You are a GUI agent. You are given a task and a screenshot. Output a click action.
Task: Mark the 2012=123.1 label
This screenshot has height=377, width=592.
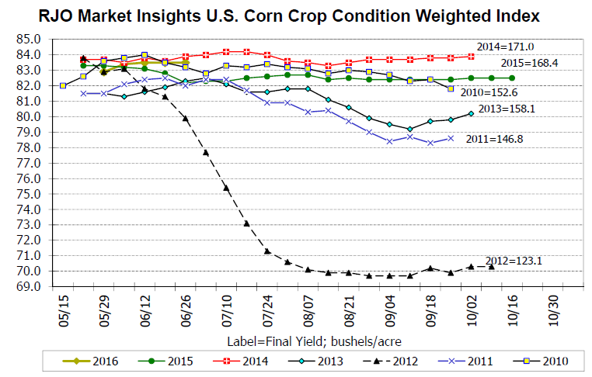tap(513, 261)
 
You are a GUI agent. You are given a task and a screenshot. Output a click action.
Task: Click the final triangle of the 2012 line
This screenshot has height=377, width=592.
tap(491, 266)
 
